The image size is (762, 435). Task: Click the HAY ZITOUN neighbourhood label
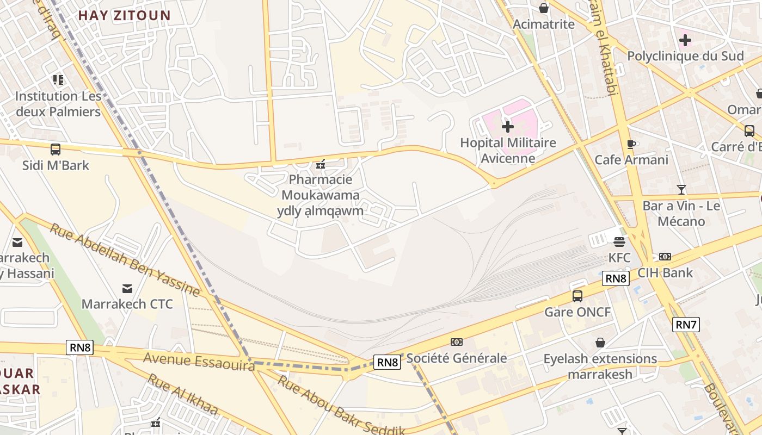pyautogui.click(x=124, y=15)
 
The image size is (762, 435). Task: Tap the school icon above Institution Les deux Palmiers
pyautogui.click(x=58, y=80)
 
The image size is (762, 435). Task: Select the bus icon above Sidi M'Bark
pyautogui.click(x=55, y=149)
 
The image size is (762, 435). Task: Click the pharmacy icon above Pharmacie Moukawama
pyautogui.click(x=321, y=164)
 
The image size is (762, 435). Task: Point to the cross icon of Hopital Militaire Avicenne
pyautogui.click(x=507, y=127)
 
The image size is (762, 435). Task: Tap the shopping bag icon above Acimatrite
pyautogui.click(x=543, y=8)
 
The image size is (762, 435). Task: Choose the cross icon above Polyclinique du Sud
pyautogui.click(x=685, y=40)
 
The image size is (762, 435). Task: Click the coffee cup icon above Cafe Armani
pyautogui.click(x=631, y=144)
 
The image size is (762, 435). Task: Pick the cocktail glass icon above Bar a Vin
pyautogui.click(x=681, y=190)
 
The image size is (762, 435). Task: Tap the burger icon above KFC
pyautogui.click(x=619, y=241)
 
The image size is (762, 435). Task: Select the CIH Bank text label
pyautogui.click(x=665, y=272)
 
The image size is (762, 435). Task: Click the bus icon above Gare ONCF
pyautogui.click(x=577, y=296)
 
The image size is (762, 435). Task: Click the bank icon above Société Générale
pyautogui.click(x=457, y=342)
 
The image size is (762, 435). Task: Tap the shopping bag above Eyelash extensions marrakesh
pyautogui.click(x=600, y=343)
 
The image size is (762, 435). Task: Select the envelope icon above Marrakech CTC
pyautogui.click(x=127, y=288)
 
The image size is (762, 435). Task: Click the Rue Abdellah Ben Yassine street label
pyautogui.click(x=125, y=259)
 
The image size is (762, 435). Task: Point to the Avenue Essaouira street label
pyautogui.click(x=199, y=361)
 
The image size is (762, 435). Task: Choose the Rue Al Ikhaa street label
pyautogui.click(x=182, y=394)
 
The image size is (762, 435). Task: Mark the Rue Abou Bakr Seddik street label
pyautogui.click(x=341, y=406)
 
